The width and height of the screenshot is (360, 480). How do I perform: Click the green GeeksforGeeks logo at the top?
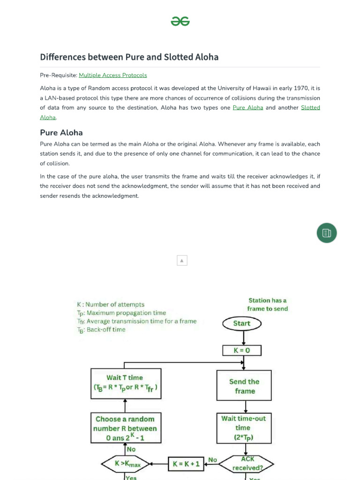pyautogui.click(x=180, y=21)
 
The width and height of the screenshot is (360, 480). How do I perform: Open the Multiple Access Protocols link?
pyautogui.click(x=112, y=75)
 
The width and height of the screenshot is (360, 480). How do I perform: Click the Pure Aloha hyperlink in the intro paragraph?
pyautogui.click(x=247, y=108)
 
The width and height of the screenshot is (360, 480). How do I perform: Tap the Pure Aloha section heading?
pyautogui.click(x=61, y=133)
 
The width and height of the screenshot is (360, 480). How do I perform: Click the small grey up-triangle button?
pyautogui.click(x=182, y=261)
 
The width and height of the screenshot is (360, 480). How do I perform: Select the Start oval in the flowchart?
pyautogui.click(x=241, y=323)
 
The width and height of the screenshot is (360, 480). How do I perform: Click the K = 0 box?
pyautogui.click(x=241, y=351)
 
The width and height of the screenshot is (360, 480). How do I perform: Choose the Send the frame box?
pyautogui.click(x=244, y=386)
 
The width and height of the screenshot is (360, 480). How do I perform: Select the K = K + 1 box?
pyautogui.click(x=186, y=464)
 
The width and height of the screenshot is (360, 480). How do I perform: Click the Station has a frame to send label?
pyautogui.click(x=268, y=304)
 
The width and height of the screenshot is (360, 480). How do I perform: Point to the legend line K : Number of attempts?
pyautogui.click(x=111, y=304)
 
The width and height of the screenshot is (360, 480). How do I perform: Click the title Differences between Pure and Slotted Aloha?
pyautogui.click(x=129, y=57)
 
